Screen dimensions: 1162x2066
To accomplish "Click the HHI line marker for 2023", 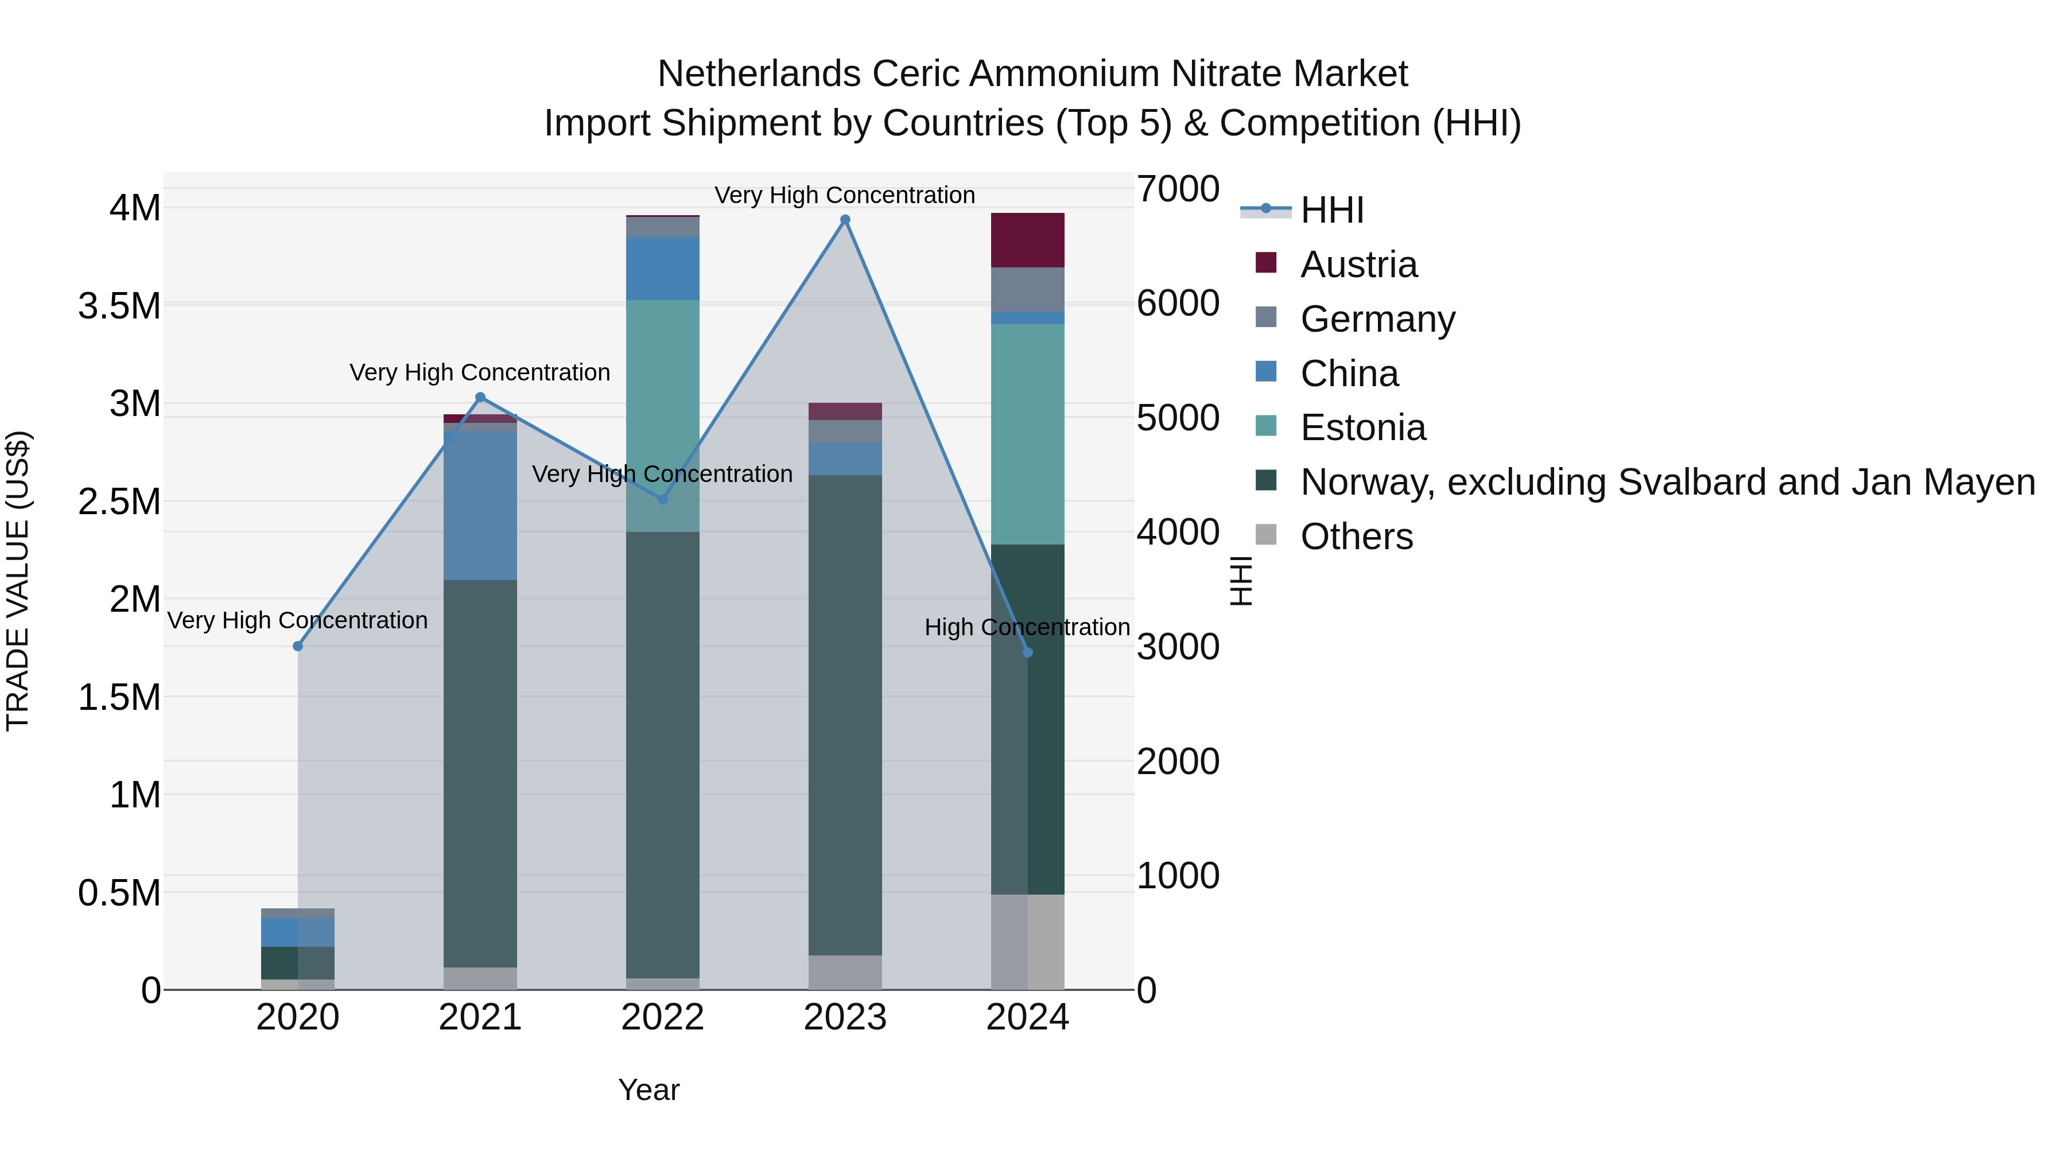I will click(845, 220).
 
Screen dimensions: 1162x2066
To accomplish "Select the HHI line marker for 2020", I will click(297, 646).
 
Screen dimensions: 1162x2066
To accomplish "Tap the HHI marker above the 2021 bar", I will click(480, 397).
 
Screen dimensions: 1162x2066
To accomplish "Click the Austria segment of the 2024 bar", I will click(1027, 240).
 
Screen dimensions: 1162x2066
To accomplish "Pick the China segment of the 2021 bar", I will click(480, 505).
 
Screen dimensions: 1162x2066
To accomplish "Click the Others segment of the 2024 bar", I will click(1027, 942).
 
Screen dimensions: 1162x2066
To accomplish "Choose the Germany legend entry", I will click(1377, 318).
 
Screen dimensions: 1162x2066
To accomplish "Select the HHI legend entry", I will click(1331, 210).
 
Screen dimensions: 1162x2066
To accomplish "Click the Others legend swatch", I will click(1265, 535).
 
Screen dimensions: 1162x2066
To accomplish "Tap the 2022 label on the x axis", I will click(662, 1017).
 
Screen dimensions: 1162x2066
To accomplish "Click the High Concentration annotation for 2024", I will click(1027, 627).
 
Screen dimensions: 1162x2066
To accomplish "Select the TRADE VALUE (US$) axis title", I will click(18, 581).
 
